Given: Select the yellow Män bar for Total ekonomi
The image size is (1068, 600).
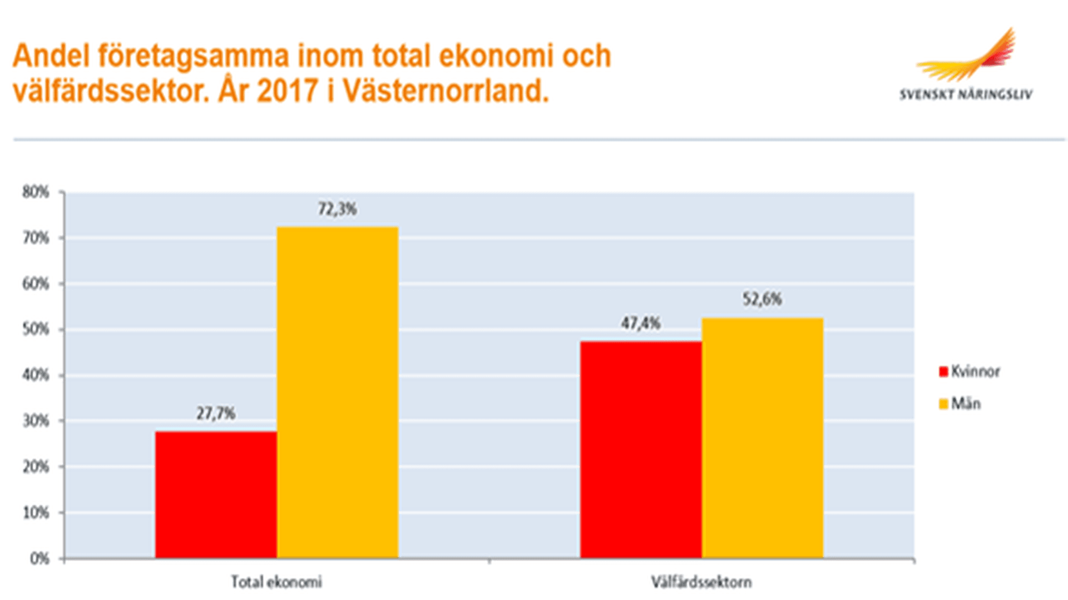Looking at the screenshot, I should [x=338, y=392].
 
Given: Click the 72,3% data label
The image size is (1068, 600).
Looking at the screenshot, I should [x=337, y=209].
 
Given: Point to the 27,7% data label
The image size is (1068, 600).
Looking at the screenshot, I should [x=215, y=413].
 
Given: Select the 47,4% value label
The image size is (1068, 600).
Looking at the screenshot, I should [x=640, y=323].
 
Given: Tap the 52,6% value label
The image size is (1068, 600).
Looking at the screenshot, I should [x=762, y=299].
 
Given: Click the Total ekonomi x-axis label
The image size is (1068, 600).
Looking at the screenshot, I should [x=276, y=582].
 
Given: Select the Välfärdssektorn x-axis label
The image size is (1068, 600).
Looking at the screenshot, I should [x=701, y=582].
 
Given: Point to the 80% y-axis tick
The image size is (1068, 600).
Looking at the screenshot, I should [x=36, y=192].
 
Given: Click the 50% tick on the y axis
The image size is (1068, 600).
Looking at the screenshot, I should [x=36, y=330].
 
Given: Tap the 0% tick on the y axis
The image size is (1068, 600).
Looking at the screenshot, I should [x=39, y=558].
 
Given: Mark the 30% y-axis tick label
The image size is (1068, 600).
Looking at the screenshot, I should [x=36, y=421].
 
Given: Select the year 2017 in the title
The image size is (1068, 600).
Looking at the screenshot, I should [x=287, y=91].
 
